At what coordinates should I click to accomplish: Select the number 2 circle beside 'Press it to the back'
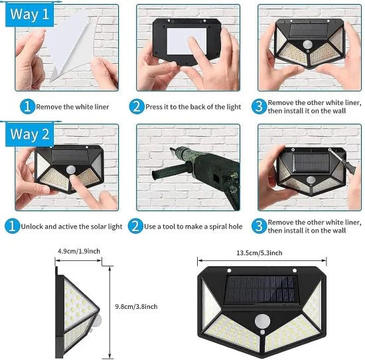(137, 106)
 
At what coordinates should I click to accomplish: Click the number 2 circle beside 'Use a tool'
(137, 226)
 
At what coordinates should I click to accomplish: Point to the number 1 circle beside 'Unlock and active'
(11, 226)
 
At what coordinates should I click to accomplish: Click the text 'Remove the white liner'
(72, 106)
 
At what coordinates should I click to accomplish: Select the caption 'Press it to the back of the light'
(188, 106)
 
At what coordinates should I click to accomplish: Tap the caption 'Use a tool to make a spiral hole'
(188, 226)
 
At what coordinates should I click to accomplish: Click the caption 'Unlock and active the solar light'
(71, 226)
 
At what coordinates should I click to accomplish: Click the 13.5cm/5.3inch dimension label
(259, 252)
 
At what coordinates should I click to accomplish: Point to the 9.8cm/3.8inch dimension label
(136, 306)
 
